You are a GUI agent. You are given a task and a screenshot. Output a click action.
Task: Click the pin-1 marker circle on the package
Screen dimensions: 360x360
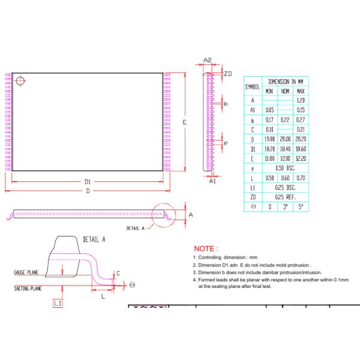[21, 80]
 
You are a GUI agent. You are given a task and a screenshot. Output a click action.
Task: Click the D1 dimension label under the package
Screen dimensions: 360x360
[88, 181]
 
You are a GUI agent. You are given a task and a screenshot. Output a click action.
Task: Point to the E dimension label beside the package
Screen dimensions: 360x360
[185, 122]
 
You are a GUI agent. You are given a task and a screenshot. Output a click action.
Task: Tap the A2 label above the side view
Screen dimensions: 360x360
[208, 60]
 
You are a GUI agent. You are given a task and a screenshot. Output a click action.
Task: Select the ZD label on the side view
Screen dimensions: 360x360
[228, 73]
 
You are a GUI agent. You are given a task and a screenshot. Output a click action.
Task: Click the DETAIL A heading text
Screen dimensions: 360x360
[94, 239]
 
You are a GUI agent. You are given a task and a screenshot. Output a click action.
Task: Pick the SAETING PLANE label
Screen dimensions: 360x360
[28, 289]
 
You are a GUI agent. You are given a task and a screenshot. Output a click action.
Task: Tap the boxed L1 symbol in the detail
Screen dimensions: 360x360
[58, 304]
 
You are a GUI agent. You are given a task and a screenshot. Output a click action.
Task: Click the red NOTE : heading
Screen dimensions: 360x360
[206, 248]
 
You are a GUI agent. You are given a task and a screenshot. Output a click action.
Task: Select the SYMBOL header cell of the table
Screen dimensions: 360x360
[252, 86]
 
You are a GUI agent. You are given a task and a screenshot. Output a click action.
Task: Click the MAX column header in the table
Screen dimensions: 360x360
[301, 91]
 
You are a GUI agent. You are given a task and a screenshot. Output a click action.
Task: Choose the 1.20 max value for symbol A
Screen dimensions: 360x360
[301, 100]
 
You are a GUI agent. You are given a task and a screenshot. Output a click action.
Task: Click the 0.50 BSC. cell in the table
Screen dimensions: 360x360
[286, 168]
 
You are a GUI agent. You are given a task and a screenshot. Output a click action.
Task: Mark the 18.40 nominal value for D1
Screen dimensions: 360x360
[286, 149]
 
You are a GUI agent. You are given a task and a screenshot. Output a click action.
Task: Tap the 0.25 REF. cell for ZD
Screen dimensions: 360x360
[286, 197]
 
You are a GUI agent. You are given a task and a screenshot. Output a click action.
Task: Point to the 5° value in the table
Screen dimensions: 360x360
[301, 206]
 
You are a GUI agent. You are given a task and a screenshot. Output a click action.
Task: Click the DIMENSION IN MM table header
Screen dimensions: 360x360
[286, 81]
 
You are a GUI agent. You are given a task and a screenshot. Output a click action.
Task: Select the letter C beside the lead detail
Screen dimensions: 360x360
[118, 273]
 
